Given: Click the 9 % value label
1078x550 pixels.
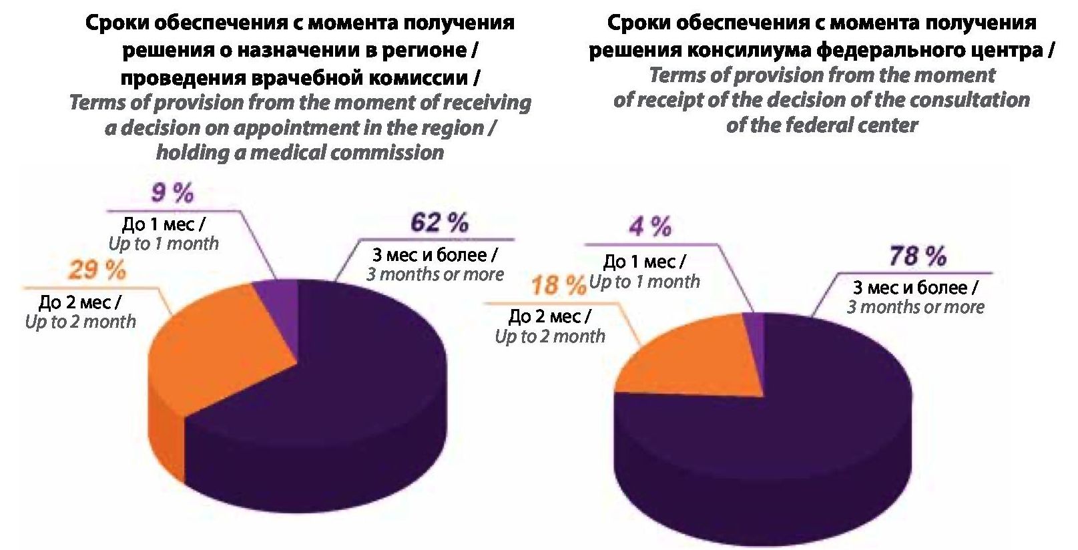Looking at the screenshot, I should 172,194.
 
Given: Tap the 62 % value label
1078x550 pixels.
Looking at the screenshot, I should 439,223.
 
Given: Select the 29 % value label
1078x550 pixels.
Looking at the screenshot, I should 97,271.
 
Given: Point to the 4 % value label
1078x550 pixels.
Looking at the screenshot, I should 649,227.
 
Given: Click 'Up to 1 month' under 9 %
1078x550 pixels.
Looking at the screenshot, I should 164,244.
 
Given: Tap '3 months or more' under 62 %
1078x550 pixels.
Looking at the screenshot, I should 435,274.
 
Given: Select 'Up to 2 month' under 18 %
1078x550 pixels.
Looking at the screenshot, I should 550,336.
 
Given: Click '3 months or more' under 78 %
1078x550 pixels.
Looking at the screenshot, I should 916,307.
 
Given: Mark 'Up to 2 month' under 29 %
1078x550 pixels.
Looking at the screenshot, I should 80,322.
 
